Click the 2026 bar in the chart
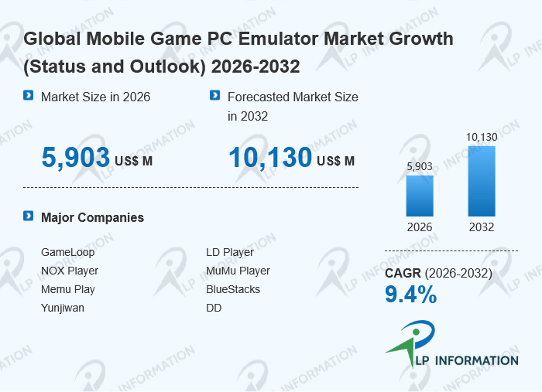(420, 196)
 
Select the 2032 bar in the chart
(481, 181)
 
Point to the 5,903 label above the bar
(420, 166)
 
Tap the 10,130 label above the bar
(481, 138)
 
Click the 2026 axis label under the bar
(420, 227)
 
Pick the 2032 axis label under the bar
(481, 227)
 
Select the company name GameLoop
(67, 252)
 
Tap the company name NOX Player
(70, 271)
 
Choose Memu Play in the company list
(68, 289)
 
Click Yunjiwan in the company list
(63, 308)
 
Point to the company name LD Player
(230, 252)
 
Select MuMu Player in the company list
(238, 271)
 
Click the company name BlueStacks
(233, 289)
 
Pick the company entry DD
(214, 308)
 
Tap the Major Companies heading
(92, 217)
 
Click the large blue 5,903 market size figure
(76, 158)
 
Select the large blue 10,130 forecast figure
(269, 158)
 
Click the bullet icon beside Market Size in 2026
(29, 96)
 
